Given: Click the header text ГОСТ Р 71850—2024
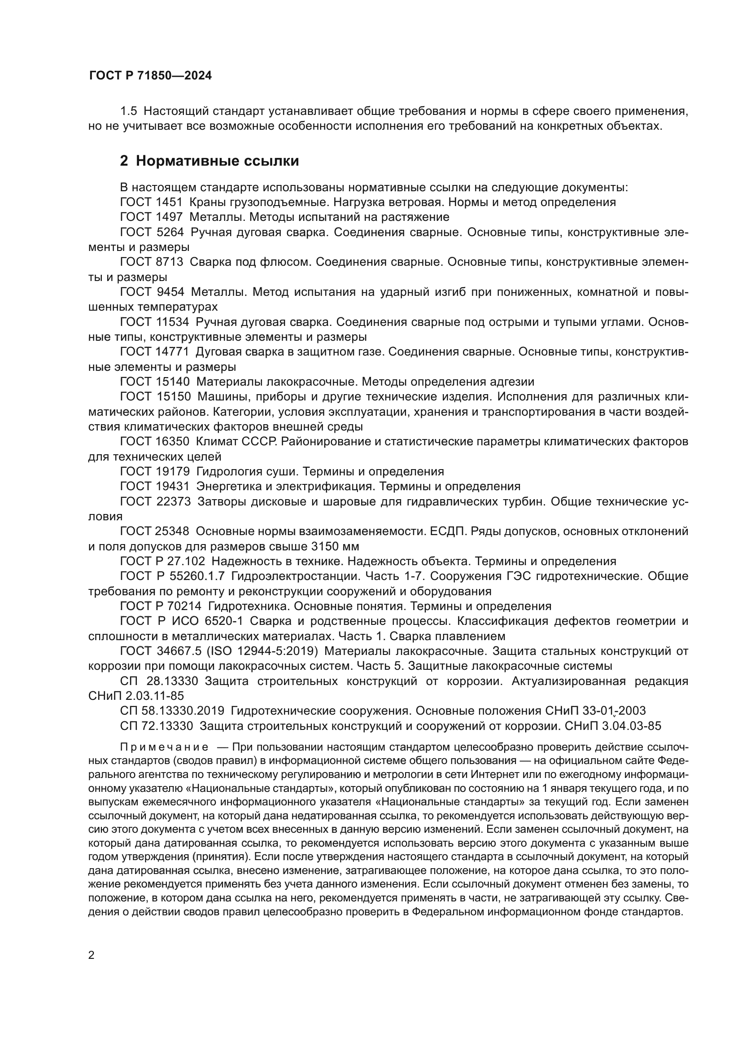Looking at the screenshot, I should pyautogui.click(x=150, y=76).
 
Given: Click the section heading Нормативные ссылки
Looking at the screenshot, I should pyautogui.click(x=217, y=161).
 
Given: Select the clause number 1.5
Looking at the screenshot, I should pyautogui.click(x=128, y=111).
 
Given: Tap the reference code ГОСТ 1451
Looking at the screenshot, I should pyautogui.click(x=151, y=202).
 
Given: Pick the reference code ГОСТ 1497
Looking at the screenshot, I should pyautogui.click(x=151, y=217).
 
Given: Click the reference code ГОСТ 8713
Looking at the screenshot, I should pyautogui.click(x=151, y=262).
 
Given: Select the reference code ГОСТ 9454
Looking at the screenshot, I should pyautogui.click(x=152, y=292).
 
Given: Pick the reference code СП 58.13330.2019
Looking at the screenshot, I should pyautogui.click(x=172, y=711).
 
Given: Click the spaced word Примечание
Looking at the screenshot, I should pyautogui.click(x=165, y=747).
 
